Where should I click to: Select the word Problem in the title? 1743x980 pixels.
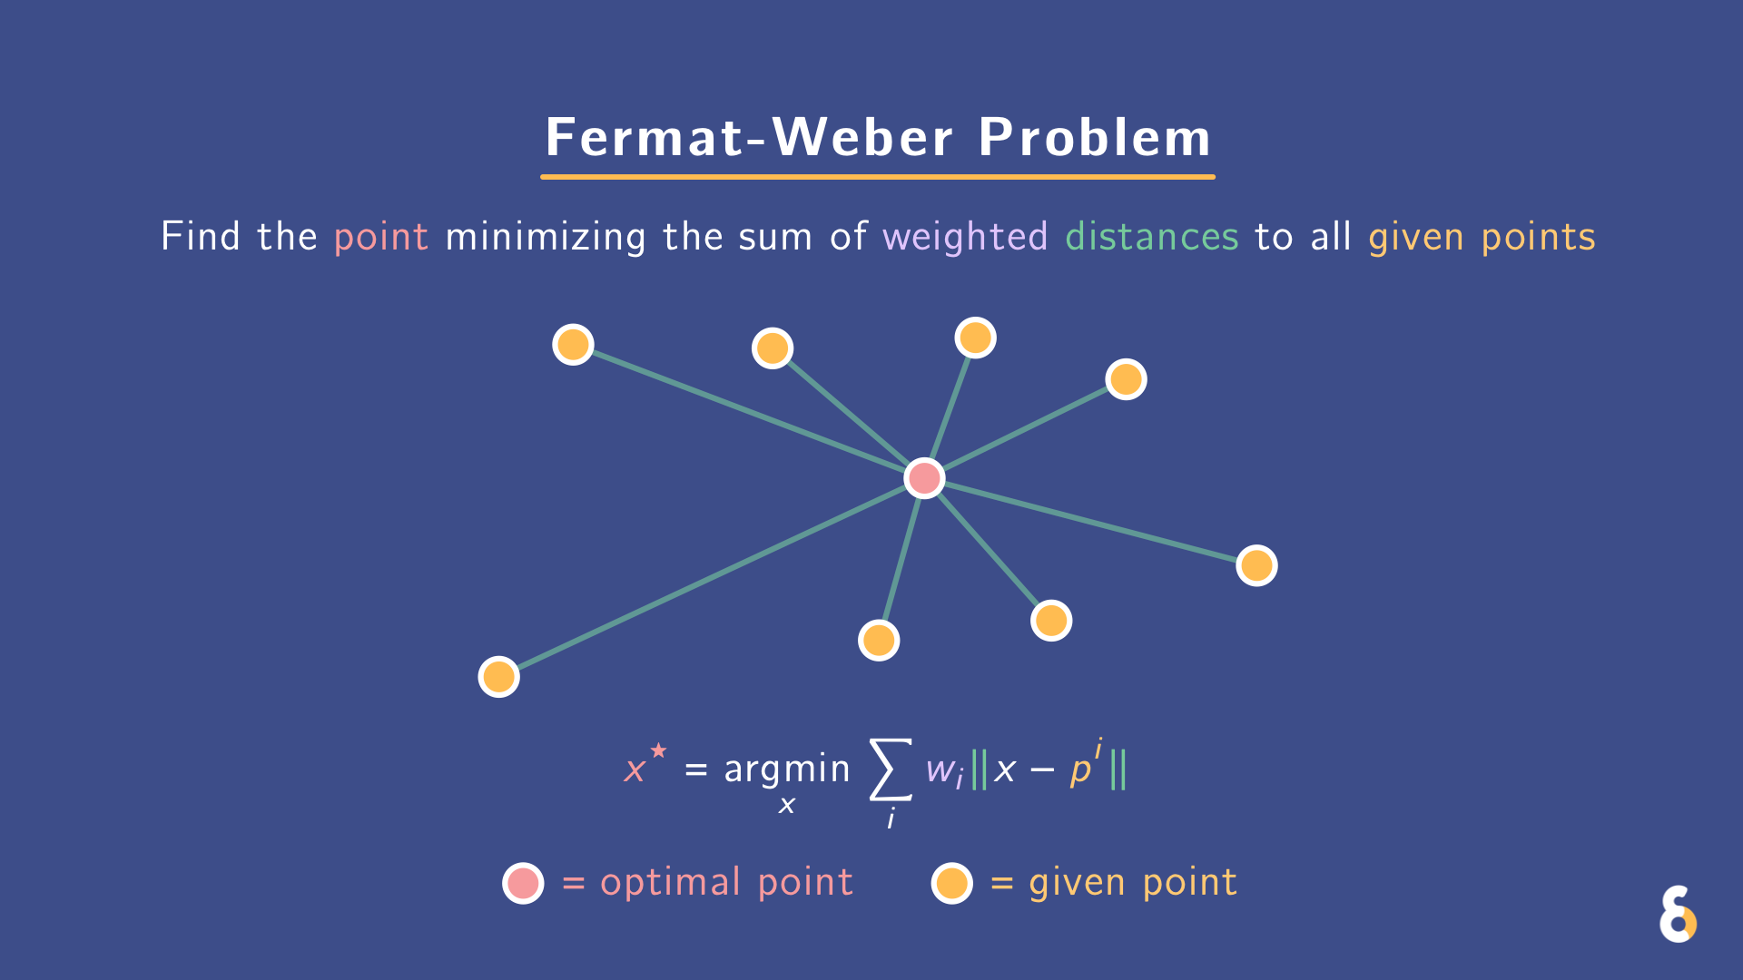coord(1094,138)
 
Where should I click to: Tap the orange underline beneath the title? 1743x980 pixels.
coord(877,176)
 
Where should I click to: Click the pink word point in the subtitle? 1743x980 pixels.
coord(380,237)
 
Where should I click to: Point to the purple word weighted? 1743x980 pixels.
coord(964,237)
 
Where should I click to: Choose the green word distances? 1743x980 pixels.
coord(1151,237)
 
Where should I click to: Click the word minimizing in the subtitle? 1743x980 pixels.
coord(545,237)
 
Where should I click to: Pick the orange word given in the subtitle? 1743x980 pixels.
coord(1415,237)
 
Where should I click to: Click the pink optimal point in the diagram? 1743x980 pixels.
coord(924,478)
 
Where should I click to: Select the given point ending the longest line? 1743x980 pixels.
coord(498,677)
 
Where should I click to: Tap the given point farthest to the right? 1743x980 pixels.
coord(1256,565)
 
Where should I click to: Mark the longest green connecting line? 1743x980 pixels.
coord(708,579)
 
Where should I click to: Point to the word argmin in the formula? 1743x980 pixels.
coord(786,769)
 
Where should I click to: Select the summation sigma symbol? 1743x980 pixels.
coord(890,769)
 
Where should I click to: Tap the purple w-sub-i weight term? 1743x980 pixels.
coord(944,771)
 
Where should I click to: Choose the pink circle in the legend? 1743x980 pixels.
coord(523,883)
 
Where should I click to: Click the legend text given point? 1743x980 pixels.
coord(1132,883)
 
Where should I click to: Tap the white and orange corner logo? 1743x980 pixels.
coord(1678,915)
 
